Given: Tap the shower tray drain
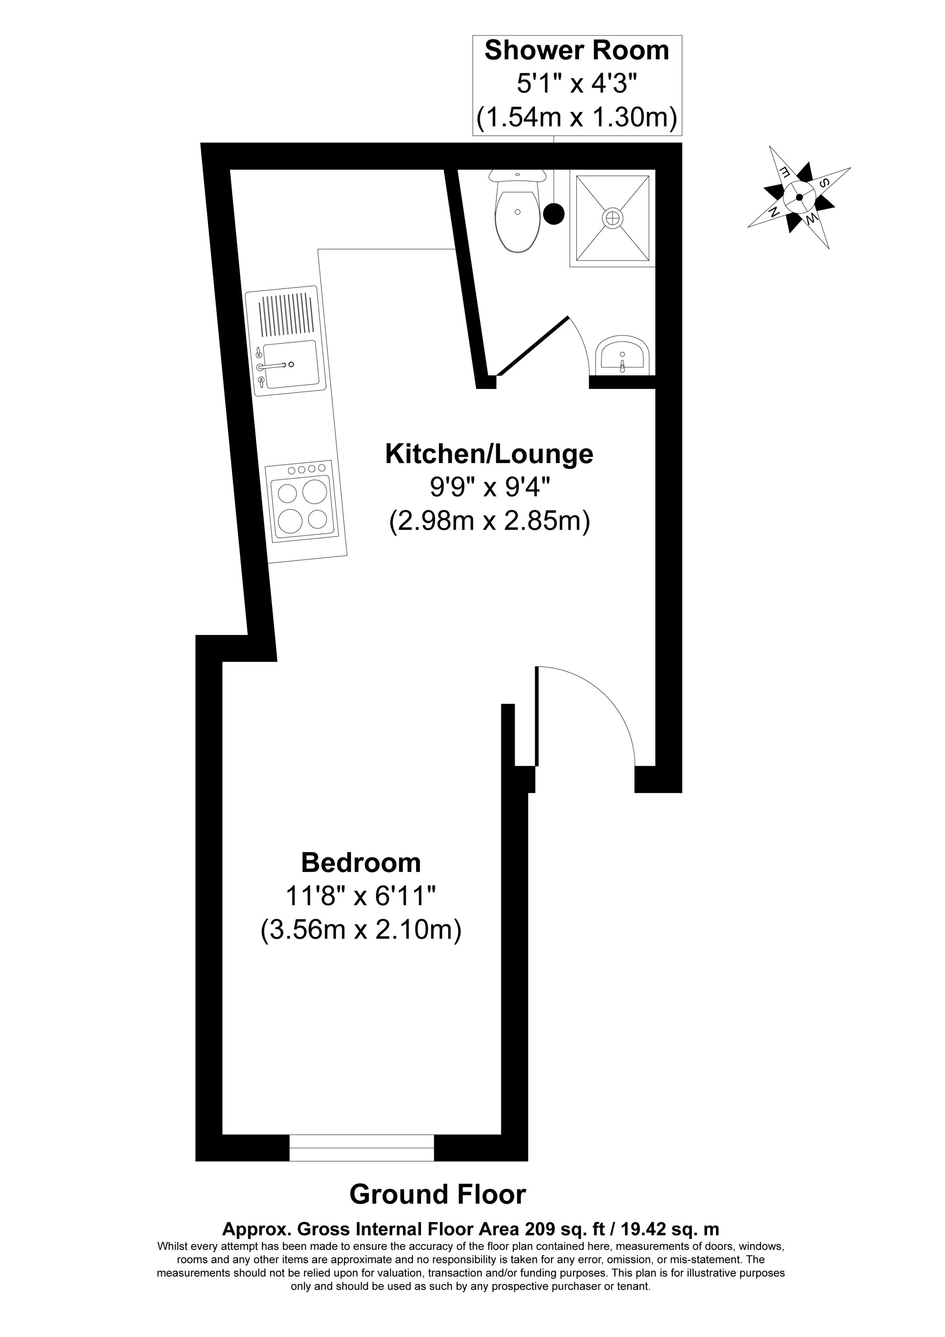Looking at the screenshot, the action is point(612,217).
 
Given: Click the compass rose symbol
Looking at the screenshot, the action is point(799,197).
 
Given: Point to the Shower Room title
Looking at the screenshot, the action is point(577,51).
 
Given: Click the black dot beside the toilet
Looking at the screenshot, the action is point(553,214).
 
